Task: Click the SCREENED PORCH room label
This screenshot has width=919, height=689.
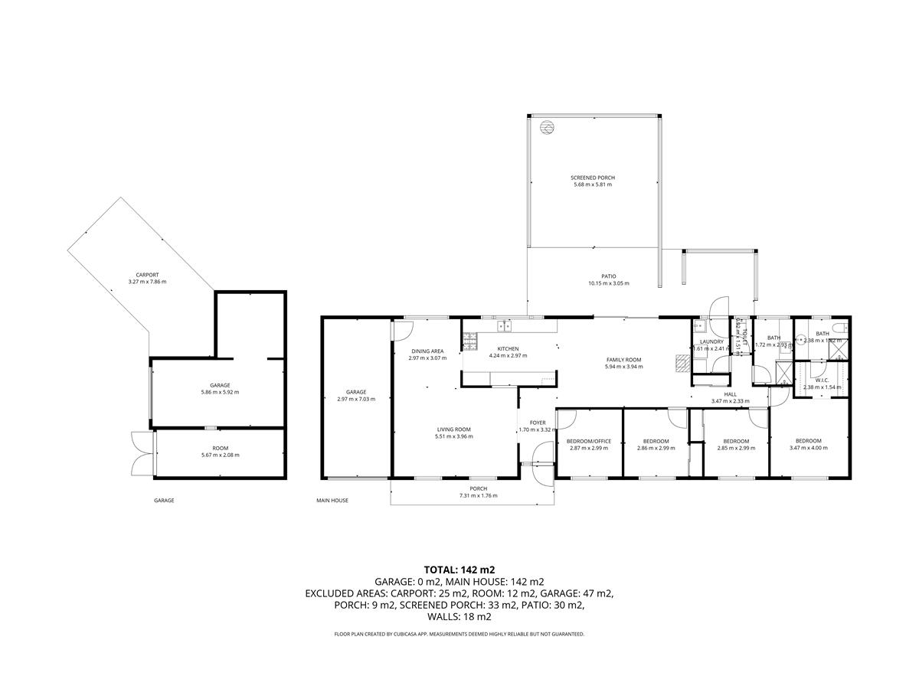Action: [593, 178]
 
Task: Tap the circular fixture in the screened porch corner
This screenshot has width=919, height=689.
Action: [546, 127]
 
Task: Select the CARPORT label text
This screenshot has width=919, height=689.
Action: [147, 275]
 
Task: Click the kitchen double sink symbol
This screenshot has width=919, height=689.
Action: [505, 326]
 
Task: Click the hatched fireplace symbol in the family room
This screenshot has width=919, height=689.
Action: [680, 363]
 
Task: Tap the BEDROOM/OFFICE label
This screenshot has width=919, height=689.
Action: [588, 441]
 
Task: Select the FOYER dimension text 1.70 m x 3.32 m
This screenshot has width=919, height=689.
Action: [538, 429]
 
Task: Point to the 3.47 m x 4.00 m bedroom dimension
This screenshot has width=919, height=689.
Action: [808, 448]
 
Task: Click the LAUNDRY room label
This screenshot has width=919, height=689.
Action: [711, 341]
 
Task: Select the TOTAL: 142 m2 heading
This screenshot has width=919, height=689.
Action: [459, 570]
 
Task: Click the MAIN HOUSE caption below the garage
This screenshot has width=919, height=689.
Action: [332, 501]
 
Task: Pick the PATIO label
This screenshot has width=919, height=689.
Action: [608, 276]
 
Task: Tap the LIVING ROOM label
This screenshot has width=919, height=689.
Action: [454, 429]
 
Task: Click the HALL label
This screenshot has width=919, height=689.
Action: [730, 394]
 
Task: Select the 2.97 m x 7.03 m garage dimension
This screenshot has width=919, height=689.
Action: [356, 399]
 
